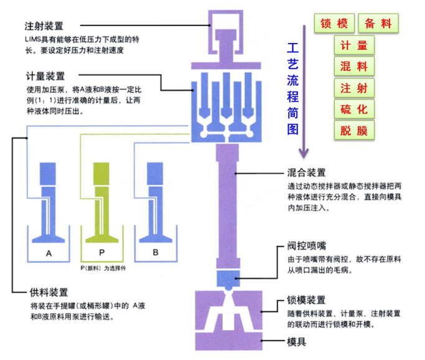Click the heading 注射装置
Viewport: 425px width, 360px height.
coord(44,26)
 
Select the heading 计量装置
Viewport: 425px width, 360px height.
coord(44,77)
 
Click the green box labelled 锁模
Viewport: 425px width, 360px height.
coord(334,24)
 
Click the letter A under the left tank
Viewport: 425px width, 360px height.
coord(49,253)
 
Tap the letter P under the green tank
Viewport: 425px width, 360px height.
coord(101,253)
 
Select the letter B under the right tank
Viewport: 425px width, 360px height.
coord(155,253)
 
